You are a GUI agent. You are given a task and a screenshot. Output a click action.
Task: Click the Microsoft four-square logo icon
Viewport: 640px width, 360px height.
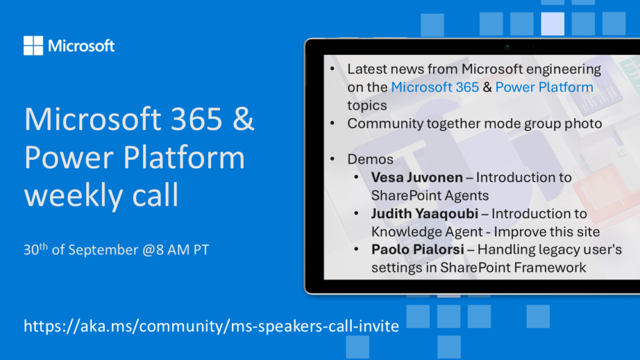[x=33, y=45]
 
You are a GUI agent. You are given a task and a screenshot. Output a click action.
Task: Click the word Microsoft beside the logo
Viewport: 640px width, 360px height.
[x=81, y=46]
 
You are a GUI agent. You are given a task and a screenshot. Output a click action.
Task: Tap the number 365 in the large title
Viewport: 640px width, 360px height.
[x=196, y=119]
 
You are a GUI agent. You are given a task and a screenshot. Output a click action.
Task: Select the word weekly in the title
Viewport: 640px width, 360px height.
[x=72, y=195]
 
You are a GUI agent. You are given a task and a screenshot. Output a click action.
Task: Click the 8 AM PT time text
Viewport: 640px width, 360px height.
[x=182, y=250]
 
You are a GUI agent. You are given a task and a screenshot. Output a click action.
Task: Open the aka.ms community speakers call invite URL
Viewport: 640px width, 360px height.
[x=211, y=326]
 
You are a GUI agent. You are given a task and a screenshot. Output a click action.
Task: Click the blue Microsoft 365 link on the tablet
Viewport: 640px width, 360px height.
[x=435, y=87]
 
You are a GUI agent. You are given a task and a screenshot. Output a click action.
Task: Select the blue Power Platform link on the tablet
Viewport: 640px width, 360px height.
[x=544, y=87]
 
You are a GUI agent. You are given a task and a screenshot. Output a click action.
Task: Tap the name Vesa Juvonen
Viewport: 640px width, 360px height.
[x=417, y=177]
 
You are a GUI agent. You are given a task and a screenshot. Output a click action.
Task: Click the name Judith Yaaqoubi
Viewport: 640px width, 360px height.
[x=424, y=214]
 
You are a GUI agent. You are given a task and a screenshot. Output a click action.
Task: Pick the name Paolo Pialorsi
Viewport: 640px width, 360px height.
[x=417, y=249]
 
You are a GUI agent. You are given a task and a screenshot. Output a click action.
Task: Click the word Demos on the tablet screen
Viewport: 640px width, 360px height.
[x=370, y=159]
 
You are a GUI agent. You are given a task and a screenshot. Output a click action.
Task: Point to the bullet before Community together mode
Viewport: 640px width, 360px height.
[x=332, y=123]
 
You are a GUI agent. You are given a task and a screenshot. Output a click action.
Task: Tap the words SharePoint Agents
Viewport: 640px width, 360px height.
[x=430, y=196]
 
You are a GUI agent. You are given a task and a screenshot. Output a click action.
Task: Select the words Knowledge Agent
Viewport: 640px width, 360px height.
[x=427, y=232]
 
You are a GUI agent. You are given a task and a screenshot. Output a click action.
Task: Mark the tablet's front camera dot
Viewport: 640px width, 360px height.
[x=507, y=47]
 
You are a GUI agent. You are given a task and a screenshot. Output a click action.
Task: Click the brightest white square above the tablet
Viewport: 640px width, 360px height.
[x=552, y=24]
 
